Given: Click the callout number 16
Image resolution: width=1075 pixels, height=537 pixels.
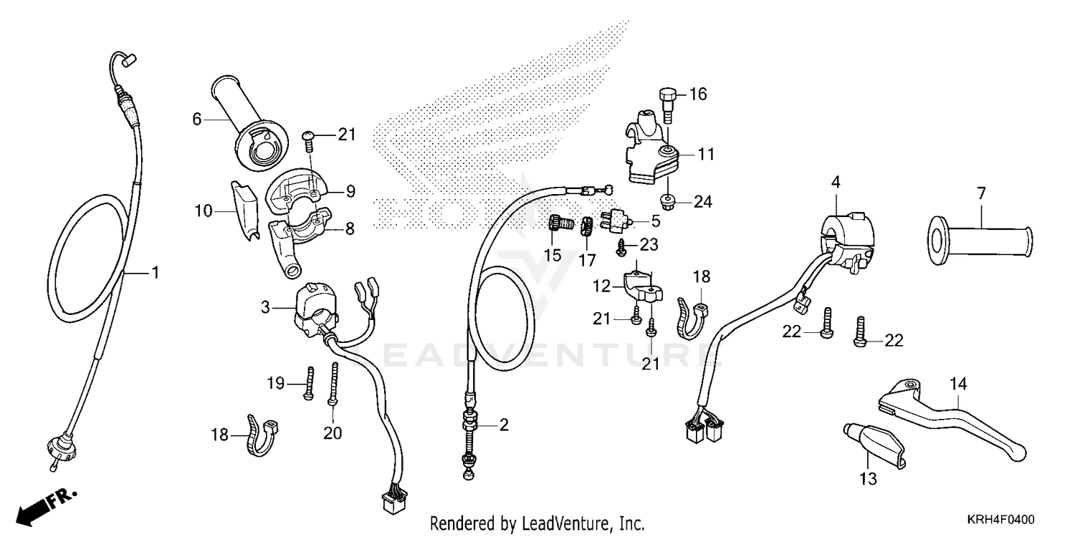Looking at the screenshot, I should [x=697, y=95].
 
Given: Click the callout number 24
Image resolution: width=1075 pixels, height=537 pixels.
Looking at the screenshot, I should [x=703, y=203].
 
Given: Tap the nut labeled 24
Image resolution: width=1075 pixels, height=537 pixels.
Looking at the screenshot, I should [x=666, y=202].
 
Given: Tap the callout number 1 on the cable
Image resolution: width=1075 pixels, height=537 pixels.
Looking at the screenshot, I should [x=154, y=273].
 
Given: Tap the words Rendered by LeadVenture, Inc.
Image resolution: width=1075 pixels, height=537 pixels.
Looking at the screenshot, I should [x=537, y=523].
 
